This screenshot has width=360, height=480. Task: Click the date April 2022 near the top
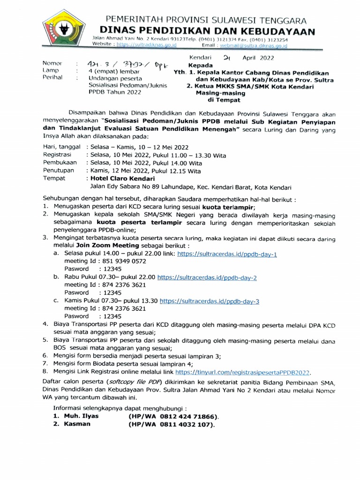[x=258, y=58]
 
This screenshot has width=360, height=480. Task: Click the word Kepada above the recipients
[x=200, y=65]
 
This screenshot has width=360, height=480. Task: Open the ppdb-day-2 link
[x=207, y=277]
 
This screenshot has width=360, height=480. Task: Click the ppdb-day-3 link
[x=210, y=301]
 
